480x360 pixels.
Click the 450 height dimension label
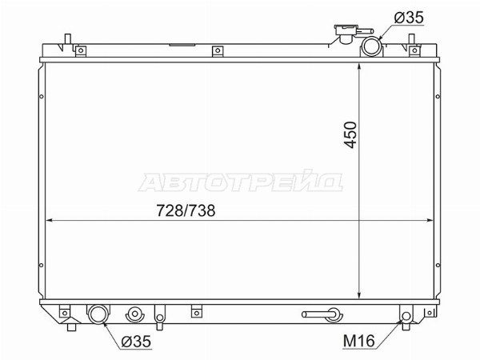(350, 135)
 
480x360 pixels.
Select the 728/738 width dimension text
(186, 210)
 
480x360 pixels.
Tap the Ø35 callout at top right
(409, 18)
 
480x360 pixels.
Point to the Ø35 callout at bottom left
(136, 342)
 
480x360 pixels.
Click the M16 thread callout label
(359, 341)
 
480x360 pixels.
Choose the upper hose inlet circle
(372, 46)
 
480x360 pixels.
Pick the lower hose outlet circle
(98, 314)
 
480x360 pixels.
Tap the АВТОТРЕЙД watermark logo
(240, 182)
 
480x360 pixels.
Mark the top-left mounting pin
(68, 39)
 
